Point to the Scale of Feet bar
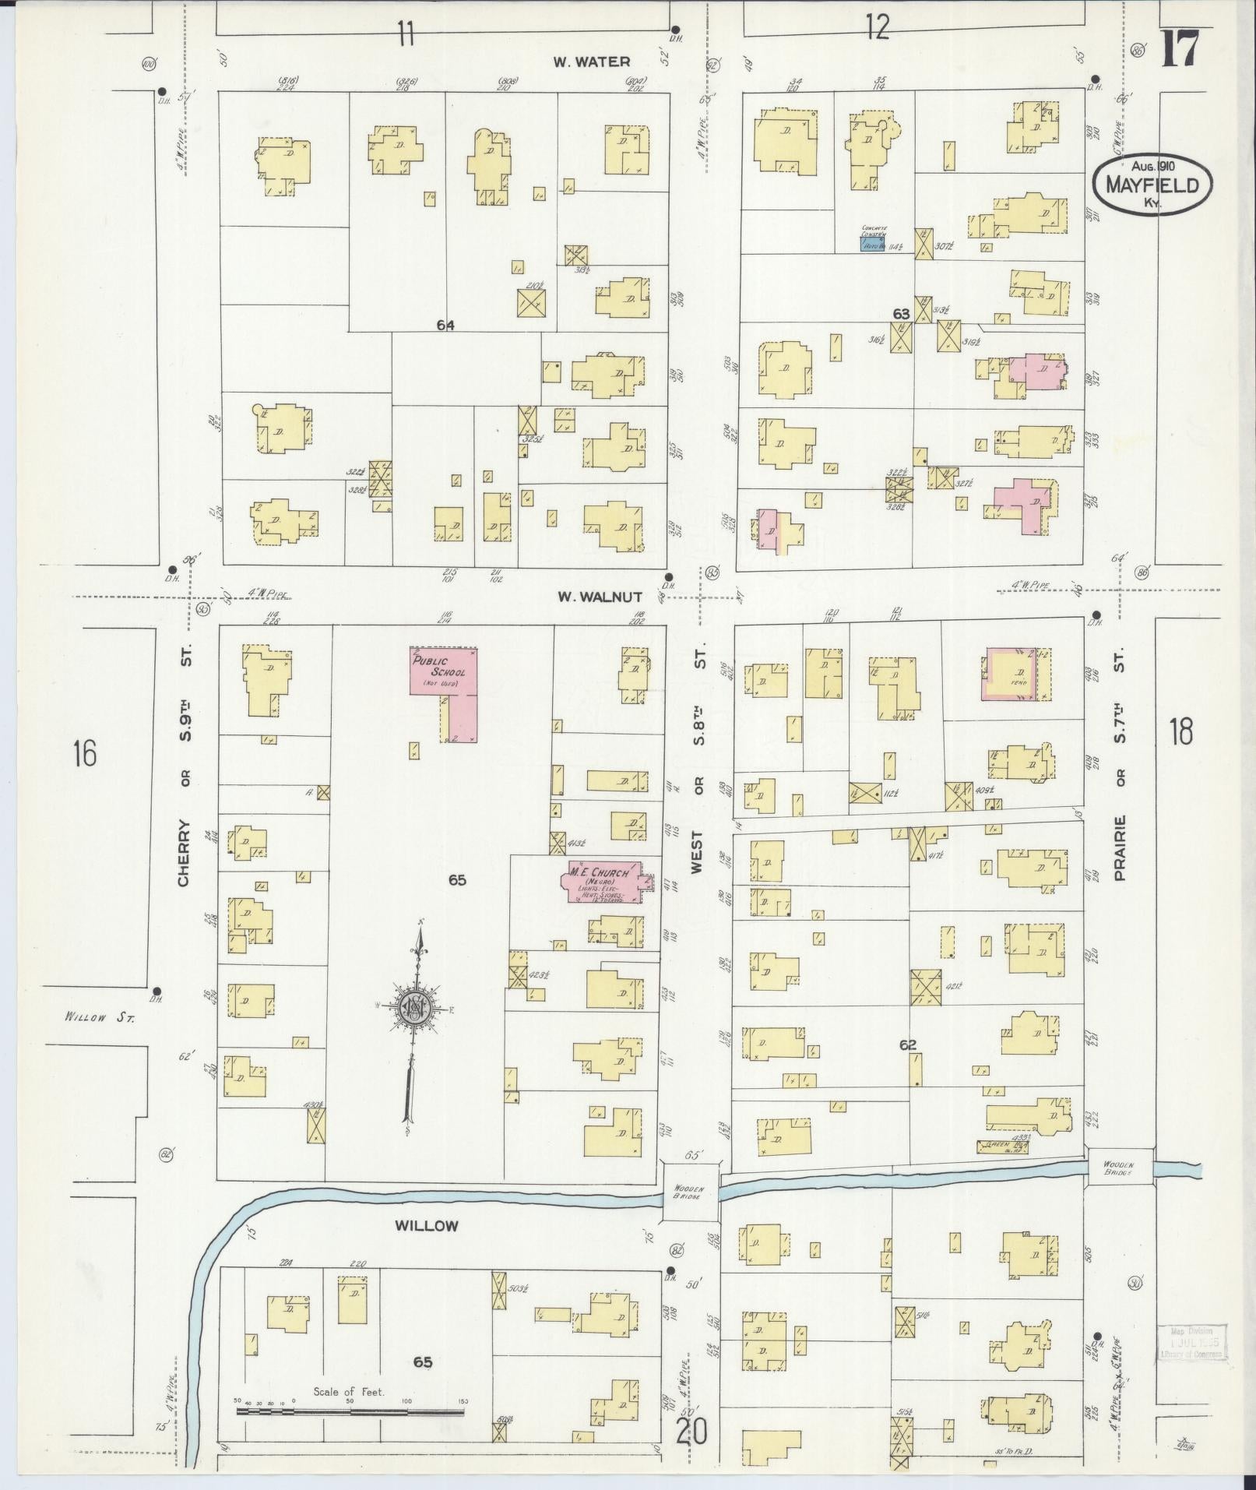[x=350, y=1410]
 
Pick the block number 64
[x=445, y=326]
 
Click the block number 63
[x=901, y=314]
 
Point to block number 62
[x=908, y=1045]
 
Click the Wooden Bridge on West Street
[x=689, y=1192]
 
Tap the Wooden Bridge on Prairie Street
[x=1121, y=1168]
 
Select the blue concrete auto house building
[x=872, y=244]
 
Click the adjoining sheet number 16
[x=83, y=754]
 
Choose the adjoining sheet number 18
[x=1180, y=732]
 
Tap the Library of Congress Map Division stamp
[x=1191, y=1343]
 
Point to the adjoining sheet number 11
[x=405, y=34]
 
